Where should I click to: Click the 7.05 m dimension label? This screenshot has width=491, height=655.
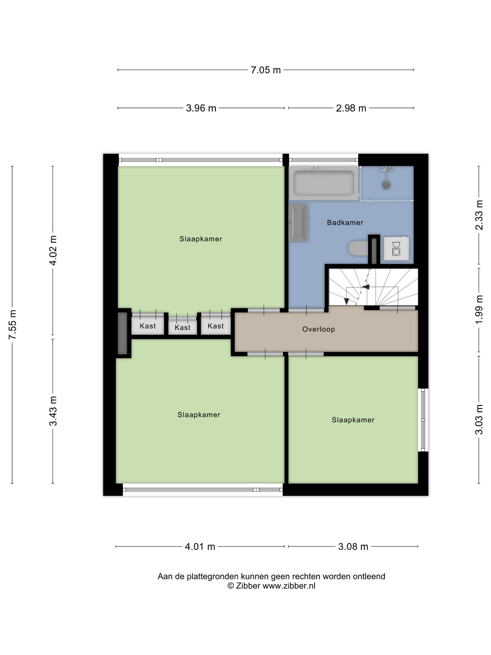tap(265, 70)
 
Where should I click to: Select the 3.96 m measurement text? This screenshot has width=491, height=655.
tap(201, 108)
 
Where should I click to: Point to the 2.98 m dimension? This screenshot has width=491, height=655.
tap(351, 108)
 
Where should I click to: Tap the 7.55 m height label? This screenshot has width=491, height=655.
tap(12, 324)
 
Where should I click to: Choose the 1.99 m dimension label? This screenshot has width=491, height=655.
tap(479, 309)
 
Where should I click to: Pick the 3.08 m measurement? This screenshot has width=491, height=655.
tap(353, 546)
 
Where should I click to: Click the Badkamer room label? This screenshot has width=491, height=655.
tap(345, 222)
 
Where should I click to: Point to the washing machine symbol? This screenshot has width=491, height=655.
tap(396, 248)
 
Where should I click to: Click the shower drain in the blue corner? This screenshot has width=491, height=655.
tap(386, 185)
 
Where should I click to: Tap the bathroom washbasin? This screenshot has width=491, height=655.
tap(299, 222)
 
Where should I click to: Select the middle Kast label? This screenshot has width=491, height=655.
tap(182, 327)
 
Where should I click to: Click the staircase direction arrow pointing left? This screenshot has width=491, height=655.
tap(366, 287)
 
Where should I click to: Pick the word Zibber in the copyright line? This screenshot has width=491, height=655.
tap(248, 586)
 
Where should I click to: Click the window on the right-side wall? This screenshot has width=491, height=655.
tap(423, 420)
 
